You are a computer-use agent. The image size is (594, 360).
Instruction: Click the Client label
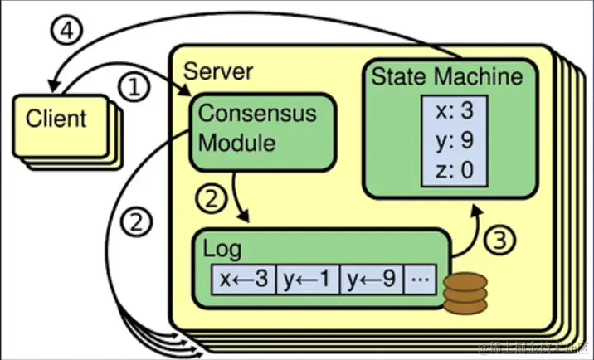56,119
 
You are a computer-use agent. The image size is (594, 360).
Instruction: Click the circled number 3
498,241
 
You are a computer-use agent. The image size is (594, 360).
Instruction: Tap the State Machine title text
447,77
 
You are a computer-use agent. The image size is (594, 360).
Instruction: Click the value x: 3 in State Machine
449,111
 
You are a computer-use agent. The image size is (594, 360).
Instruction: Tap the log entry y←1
307,280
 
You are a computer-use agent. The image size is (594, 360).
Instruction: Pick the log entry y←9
372,280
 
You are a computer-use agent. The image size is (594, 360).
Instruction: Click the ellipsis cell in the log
421,280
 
